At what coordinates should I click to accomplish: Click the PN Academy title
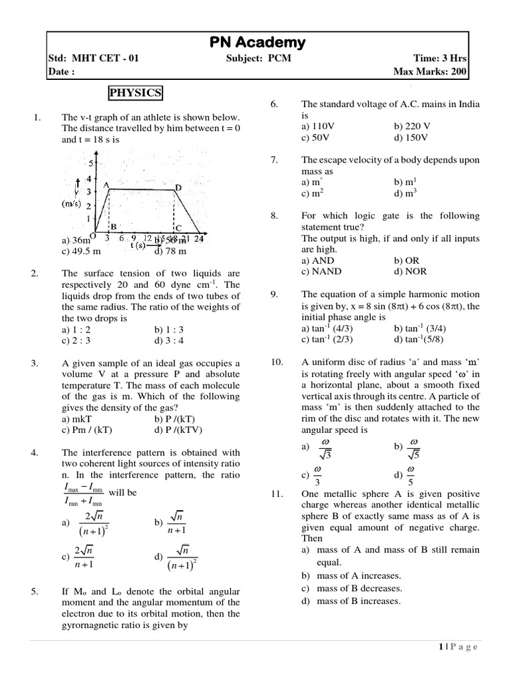pos(257,43)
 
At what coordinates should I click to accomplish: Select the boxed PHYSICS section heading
pos(136,93)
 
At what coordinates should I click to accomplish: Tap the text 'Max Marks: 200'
pos(430,71)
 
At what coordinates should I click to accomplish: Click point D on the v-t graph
pos(178,188)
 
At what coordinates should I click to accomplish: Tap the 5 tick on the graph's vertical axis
pos(91,163)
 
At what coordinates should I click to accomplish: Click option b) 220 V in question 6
pos(412,127)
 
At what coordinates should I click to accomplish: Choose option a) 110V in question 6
pos(317,127)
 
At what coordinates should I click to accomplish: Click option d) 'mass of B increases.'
pos(351,601)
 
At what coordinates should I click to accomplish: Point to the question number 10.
pos(277,362)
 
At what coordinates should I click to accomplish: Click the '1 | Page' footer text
pos(458,647)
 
